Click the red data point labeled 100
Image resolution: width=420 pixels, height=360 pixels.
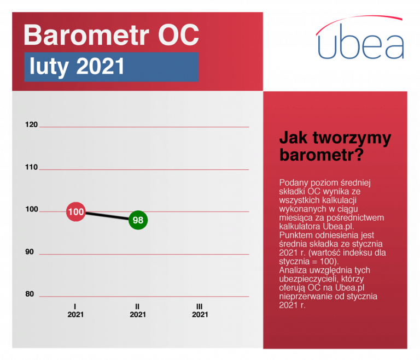click(76, 212)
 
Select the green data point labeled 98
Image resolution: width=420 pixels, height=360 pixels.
click(138, 220)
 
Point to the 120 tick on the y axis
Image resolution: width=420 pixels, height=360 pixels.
click(31, 125)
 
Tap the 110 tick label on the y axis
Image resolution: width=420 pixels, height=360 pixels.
click(31, 167)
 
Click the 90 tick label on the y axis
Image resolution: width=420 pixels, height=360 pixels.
click(30, 252)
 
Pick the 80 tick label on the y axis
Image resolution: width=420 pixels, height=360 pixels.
click(30, 294)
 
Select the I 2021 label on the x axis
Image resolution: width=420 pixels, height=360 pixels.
click(75, 310)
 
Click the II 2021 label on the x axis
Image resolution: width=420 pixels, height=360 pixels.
click(138, 310)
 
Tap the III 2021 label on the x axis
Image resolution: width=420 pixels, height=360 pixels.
click(200, 310)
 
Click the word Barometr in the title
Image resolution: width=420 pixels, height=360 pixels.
click(86, 35)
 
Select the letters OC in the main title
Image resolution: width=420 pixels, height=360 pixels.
click(178, 35)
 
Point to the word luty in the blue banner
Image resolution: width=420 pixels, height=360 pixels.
click(49, 67)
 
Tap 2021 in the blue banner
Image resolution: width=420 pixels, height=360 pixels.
click(101, 66)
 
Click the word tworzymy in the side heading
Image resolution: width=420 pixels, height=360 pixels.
click(352, 139)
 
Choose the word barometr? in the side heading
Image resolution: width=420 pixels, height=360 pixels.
click(322, 155)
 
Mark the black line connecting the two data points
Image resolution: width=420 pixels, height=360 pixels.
click(107, 216)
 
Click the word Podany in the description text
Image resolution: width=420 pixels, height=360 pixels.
click(293, 183)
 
